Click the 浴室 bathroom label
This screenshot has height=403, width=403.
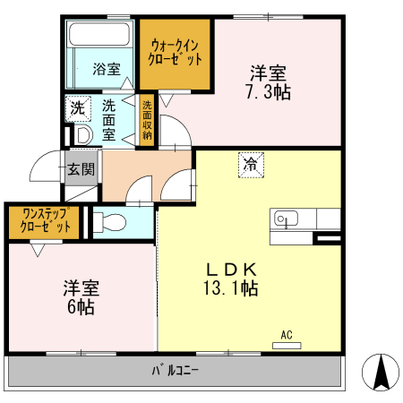[107, 69]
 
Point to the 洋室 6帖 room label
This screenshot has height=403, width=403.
[81, 297]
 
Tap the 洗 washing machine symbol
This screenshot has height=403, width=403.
[78, 107]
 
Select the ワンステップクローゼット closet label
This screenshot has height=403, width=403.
[43, 220]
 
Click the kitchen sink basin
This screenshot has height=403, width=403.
[286, 218]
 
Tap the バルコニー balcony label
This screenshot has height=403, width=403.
[175, 369]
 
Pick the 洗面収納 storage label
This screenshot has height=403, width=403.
[146, 120]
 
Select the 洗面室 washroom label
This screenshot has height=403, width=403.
[108, 120]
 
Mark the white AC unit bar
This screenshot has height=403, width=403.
[287, 345]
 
